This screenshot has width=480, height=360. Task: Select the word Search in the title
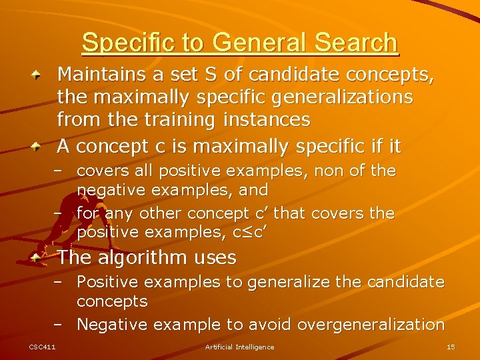(x=356, y=43)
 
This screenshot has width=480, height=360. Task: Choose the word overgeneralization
(x=371, y=325)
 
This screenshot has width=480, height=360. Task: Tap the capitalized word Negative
(x=113, y=325)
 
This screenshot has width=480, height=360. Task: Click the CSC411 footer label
(x=42, y=347)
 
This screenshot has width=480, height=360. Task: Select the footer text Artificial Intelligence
(x=239, y=347)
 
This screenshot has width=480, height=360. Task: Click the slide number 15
(x=451, y=347)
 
